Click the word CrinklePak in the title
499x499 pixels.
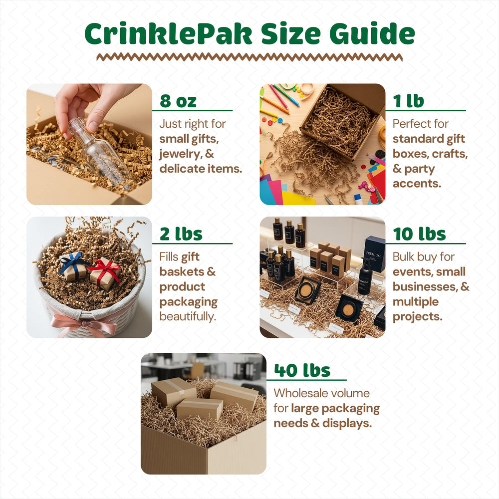click(x=168, y=34)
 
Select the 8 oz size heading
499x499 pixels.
click(x=178, y=101)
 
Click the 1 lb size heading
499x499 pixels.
click(x=409, y=101)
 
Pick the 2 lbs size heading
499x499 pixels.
click(x=181, y=234)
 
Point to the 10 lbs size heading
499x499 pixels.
click(x=419, y=234)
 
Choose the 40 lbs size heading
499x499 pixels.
click(x=302, y=370)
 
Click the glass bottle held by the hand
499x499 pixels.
click(x=100, y=152)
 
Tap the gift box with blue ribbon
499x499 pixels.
click(x=73, y=266)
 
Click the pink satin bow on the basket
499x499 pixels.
click(x=86, y=325)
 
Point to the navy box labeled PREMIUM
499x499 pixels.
click(x=374, y=253)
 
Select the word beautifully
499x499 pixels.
click(x=188, y=317)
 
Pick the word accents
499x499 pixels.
click(x=417, y=184)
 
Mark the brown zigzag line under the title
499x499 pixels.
click(x=249, y=57)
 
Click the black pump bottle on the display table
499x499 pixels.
click(x=365, y=275)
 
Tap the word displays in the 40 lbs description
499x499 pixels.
click(x=347, y=423)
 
